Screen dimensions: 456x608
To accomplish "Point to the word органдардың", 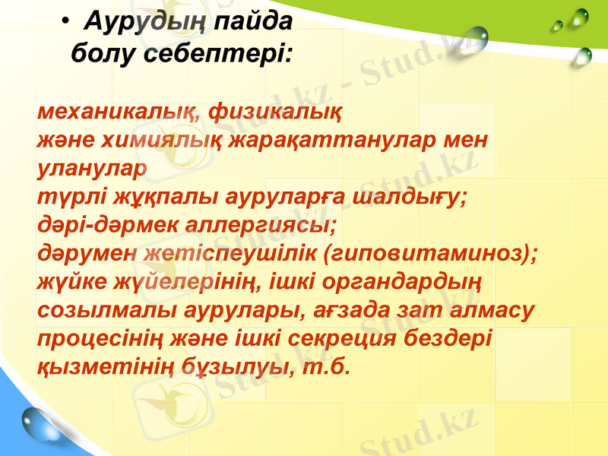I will pos(401,282).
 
